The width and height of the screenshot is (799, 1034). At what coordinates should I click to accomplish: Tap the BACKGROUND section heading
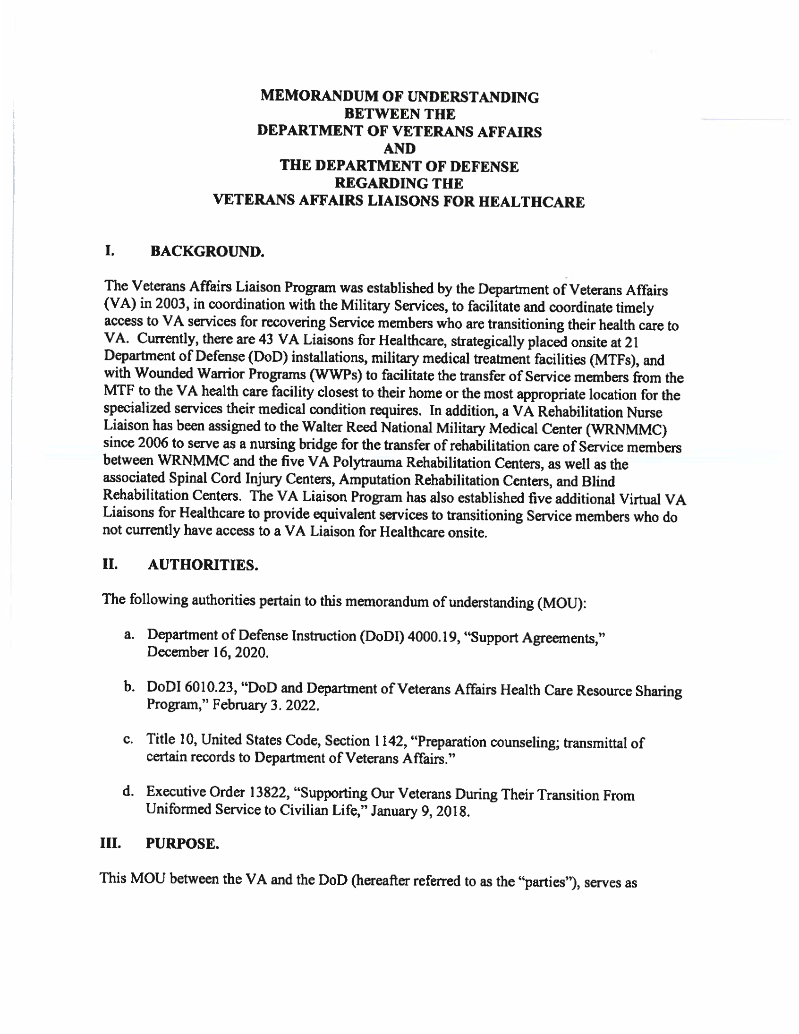(207, 251)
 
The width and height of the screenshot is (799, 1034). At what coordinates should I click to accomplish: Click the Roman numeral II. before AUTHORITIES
(110, 564)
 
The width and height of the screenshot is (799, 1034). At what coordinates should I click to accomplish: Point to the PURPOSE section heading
(182, 844)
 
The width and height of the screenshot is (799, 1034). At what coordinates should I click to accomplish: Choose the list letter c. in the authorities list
(128, 740)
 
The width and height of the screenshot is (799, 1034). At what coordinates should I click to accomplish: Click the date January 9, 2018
(420, 812)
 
